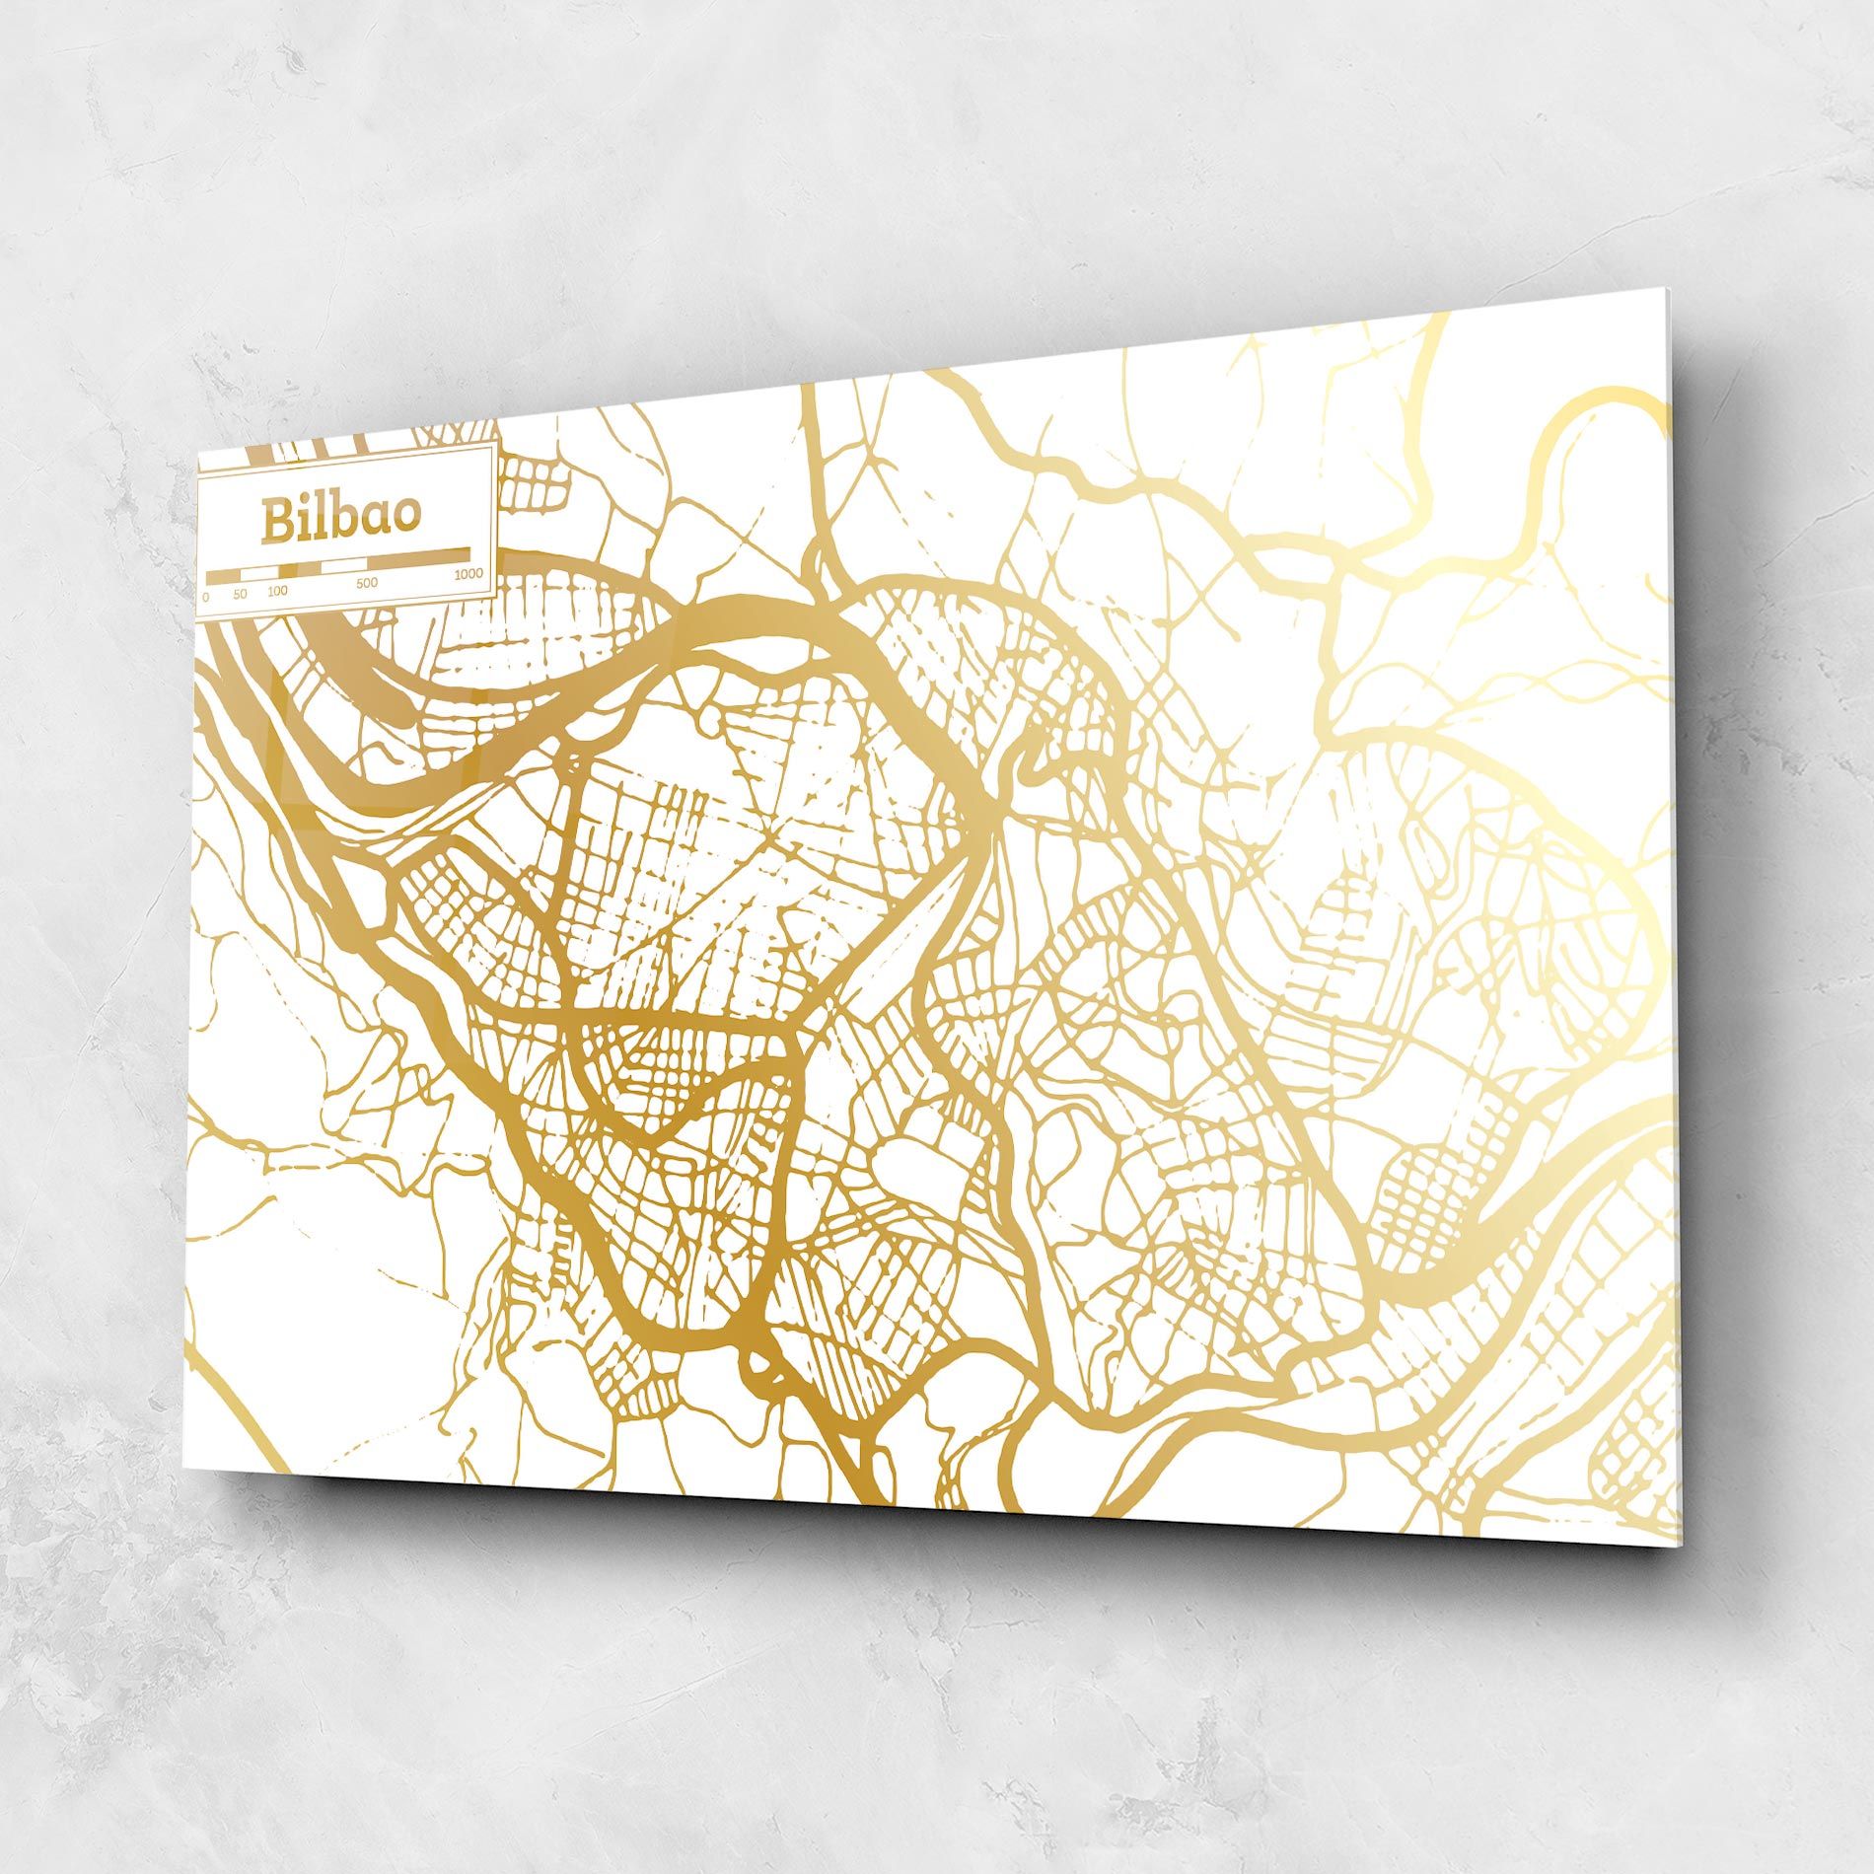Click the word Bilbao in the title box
point(340,519)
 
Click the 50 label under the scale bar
point(241,595)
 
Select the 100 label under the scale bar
point(277,592)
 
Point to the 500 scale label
point(366,583)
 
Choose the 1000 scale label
point(468,574)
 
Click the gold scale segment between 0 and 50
point(224,575)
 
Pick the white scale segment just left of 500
point(345,564)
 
